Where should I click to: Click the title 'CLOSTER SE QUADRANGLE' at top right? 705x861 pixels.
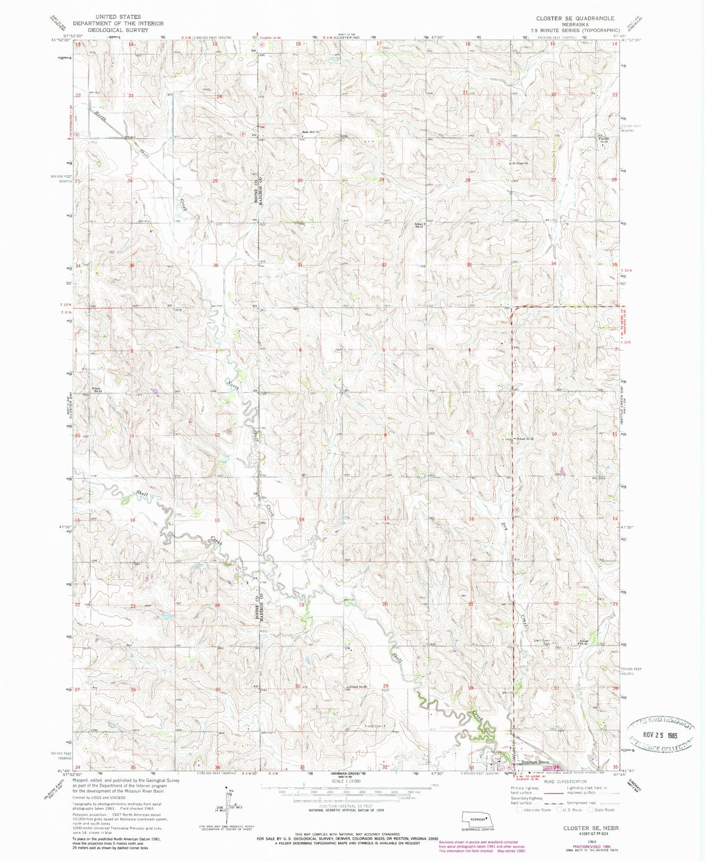point(575,18)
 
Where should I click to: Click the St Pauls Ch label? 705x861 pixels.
point(520,163)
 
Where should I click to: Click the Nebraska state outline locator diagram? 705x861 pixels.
point(479,818)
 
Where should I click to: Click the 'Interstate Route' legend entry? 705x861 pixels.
point(536,810)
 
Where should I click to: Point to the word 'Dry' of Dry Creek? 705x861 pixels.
point(504,526)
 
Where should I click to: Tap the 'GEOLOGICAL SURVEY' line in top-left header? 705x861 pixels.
point(118,29)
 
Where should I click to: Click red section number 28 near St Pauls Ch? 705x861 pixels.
point(468,180)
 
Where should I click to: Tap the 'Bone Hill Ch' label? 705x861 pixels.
point(310,132)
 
